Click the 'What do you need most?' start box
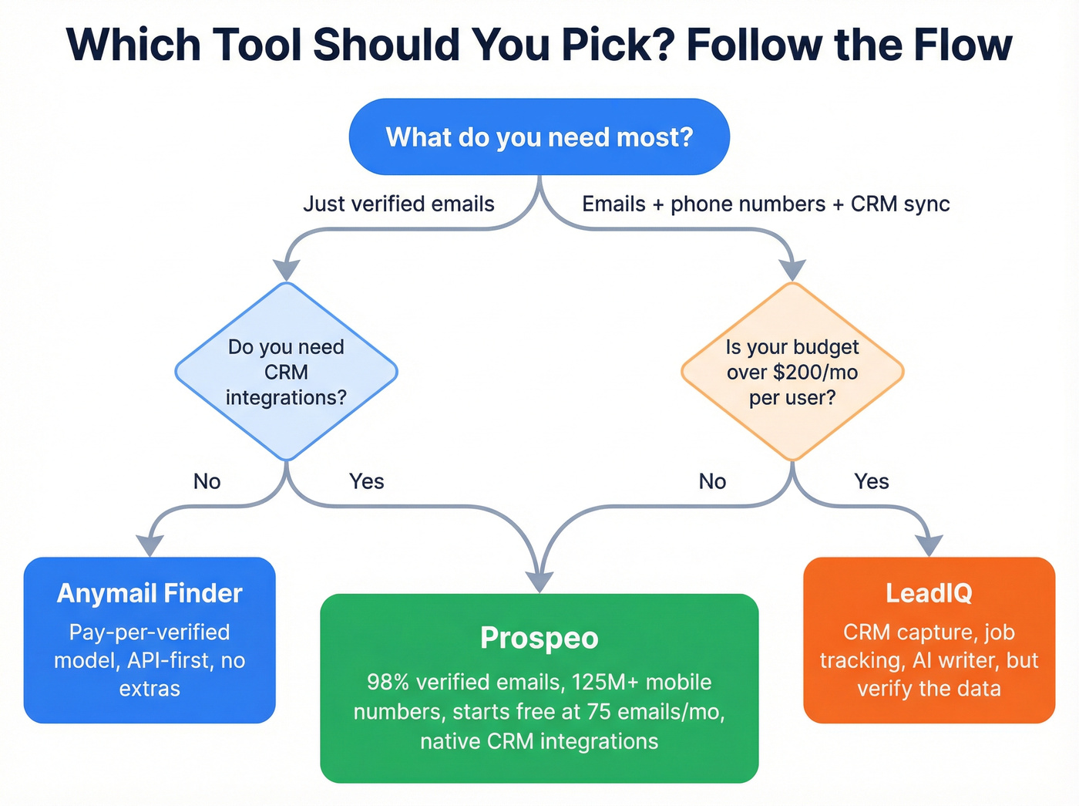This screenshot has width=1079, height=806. click(539, 137)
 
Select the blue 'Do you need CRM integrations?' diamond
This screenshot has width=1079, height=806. click(286, 372)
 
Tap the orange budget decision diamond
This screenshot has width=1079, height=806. click(792, 372)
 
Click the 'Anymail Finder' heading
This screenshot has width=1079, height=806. click(150, 593)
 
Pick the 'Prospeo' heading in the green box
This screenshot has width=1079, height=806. click(539, 638)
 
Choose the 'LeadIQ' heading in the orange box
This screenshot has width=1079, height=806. click(929, 593)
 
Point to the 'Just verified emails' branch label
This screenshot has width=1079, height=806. click(398, 204)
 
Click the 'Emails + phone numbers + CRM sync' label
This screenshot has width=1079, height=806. click(765, 204)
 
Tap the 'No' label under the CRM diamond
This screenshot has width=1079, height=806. click(207, 481)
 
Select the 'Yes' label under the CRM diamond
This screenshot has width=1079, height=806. click(366, 481)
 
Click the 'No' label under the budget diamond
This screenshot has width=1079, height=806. click(712, 481)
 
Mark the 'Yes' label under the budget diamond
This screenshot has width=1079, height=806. click(872, 481)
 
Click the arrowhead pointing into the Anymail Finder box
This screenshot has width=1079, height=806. click(150, 545)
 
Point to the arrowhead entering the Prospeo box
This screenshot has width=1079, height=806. click(539, 581)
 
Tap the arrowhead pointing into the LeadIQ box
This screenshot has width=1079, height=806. click(930, 545)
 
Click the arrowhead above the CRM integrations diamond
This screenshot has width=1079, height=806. click(286, 269)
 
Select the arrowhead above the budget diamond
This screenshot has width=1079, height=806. click(792, 269)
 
